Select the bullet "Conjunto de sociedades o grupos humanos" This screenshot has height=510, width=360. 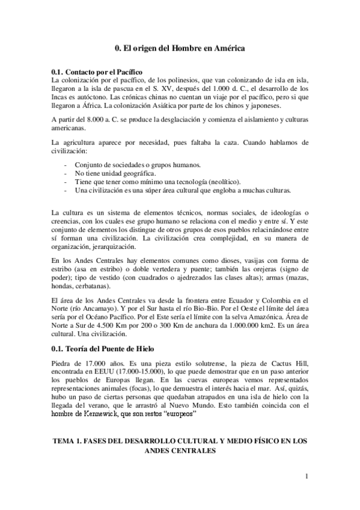138,165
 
